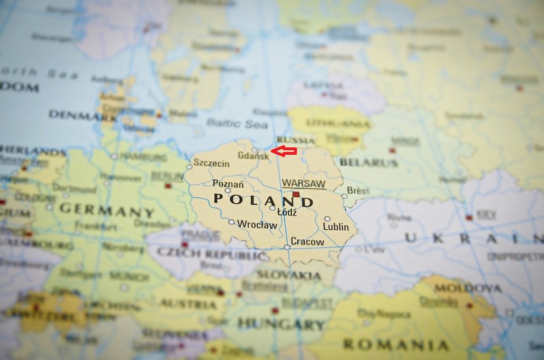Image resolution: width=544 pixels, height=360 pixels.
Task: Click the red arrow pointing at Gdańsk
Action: coord(284,151)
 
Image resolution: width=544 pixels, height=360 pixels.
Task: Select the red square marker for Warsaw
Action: coord(295,194)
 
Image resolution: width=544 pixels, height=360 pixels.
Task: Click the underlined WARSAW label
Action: coord(304,184)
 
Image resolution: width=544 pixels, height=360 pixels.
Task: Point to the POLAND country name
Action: coord(263,201)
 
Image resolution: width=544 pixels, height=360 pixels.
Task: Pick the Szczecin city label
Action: coord(211,163)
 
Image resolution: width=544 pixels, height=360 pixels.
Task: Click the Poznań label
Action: coord(228,184)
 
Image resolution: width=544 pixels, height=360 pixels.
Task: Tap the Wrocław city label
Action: coord(257,225)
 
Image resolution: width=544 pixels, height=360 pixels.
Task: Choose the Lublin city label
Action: coord(335,227)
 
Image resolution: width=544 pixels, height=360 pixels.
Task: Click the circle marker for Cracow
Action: coord(287,247)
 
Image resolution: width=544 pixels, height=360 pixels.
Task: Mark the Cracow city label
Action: coord(307,242)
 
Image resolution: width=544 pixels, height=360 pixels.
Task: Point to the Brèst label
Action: coord(358,190)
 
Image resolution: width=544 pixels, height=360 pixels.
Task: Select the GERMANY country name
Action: coord(107,210)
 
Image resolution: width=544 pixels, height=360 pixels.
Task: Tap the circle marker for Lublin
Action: coord(327,218)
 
